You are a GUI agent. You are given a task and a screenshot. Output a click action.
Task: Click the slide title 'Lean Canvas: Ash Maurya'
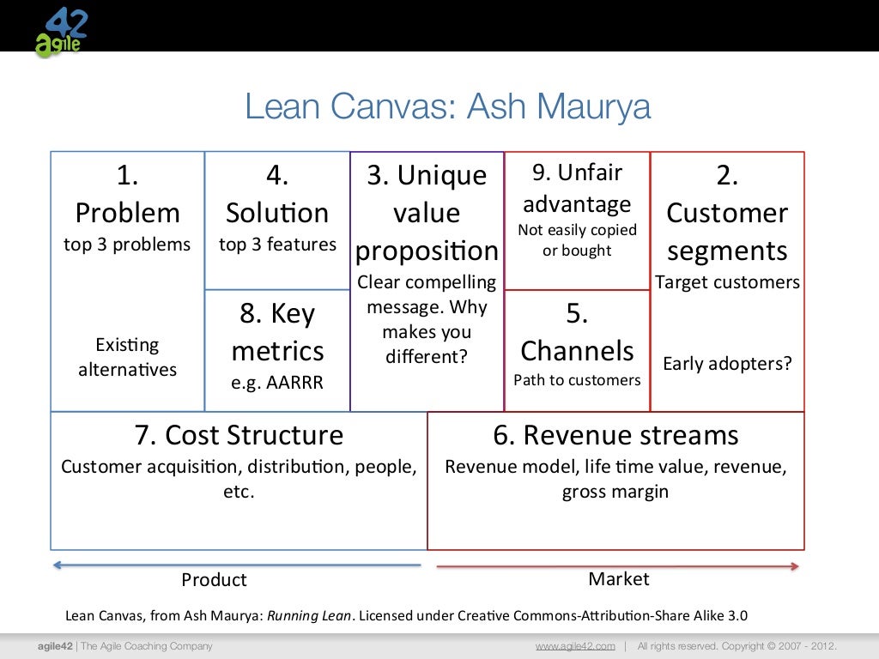(x=447, y=107)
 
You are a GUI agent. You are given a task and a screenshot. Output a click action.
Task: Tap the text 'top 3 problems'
(x=127, y=245)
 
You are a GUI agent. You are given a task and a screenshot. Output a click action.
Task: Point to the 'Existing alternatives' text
(x=127, y=357)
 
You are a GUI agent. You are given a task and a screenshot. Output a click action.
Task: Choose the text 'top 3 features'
(x=277, y=245)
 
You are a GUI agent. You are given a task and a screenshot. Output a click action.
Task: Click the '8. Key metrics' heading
(x=277, y=333)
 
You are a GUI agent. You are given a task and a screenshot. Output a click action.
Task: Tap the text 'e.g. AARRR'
(x=277, y=383)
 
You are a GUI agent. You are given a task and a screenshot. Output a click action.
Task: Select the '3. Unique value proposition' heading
(x=427, y=213)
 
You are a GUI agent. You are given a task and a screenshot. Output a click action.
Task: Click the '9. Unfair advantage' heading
(x=577, y=188)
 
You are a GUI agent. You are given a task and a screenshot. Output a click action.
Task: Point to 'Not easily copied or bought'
(x=577, y=240)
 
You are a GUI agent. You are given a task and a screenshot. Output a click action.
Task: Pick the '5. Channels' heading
(x=577, y=333)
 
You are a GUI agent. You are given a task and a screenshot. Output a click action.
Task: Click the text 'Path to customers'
(x=577, y=380)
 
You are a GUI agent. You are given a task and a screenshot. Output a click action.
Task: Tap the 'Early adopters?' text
(x=727, y=363)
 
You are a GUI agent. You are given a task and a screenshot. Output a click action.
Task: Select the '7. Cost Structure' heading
(x=239, y=435)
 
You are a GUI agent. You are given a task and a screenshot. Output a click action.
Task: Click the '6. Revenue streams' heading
(x=615, y=435)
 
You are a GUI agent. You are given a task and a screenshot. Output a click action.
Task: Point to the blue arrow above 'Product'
(x=237, y=565)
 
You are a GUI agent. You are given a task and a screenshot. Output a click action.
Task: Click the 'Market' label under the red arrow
(x=618, y=579)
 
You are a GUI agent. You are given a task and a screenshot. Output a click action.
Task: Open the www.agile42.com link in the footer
(x=575, y=646)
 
